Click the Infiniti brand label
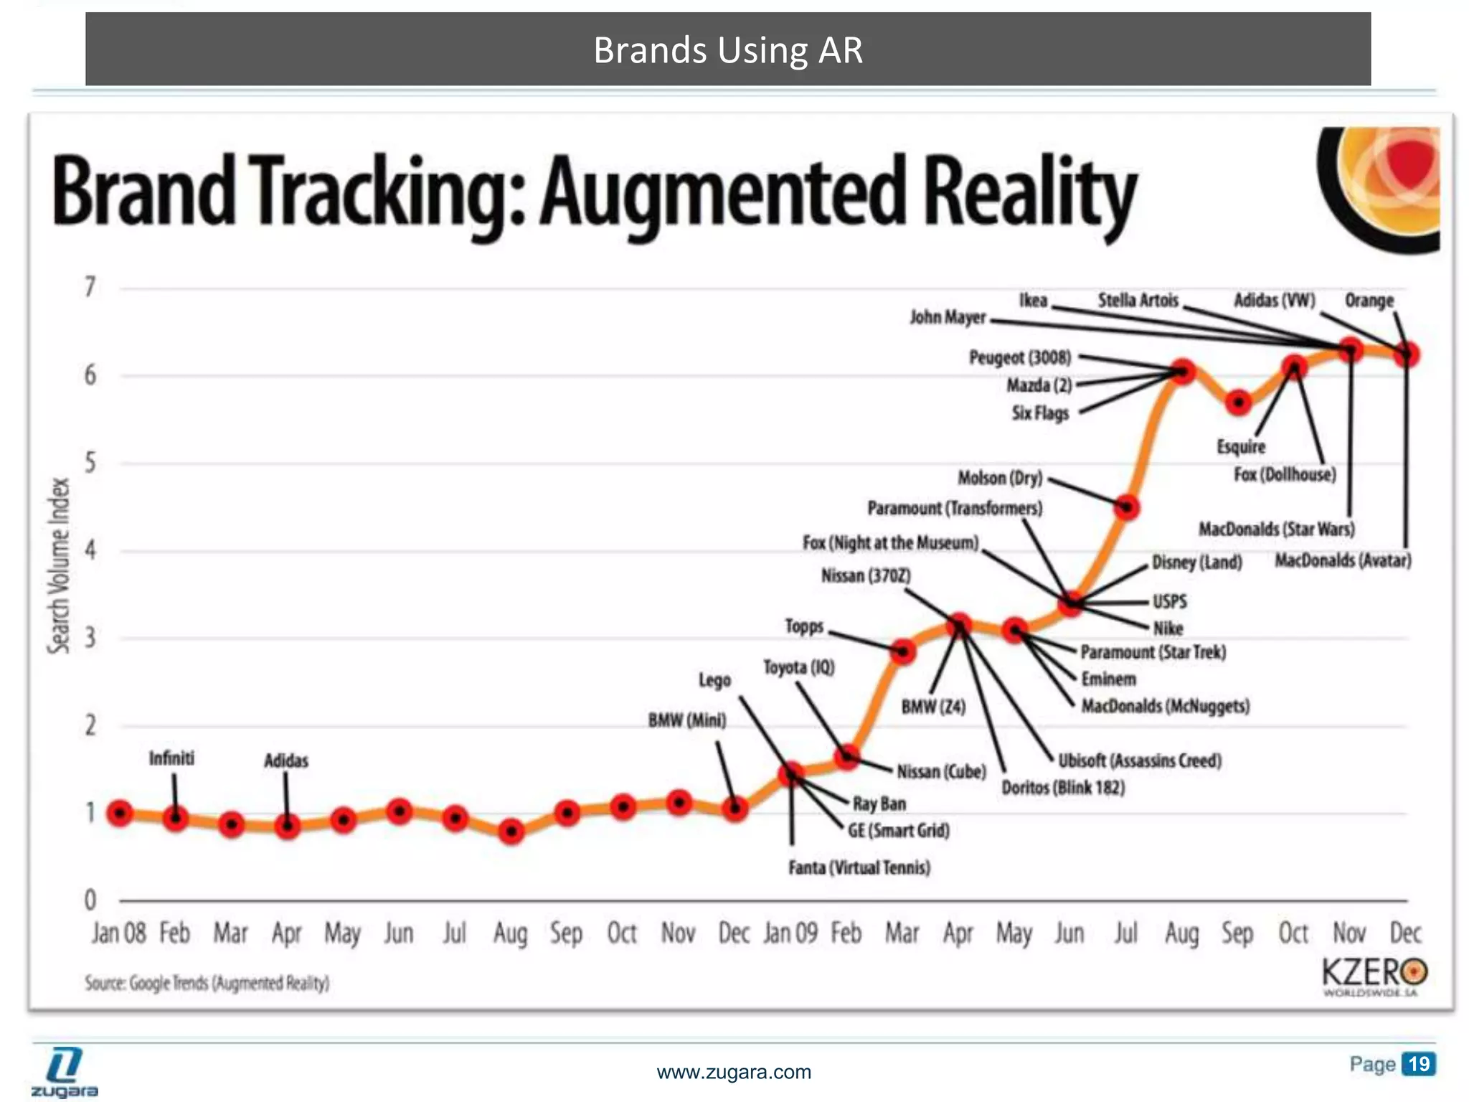coord(171,758)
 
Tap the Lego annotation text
coord(714,680)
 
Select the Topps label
coord(804,626)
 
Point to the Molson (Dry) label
coord(1000,478)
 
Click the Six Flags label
coord(1040,413)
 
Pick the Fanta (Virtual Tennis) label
coord(859,868)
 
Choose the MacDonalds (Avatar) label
coord(1343,560)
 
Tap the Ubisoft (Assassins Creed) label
coord(1140,760)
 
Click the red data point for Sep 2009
coord(1239,403)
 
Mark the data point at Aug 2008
coord(511,832)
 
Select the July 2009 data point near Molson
coord(1127,508)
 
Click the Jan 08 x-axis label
coord(118,933)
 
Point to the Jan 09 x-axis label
coord(790,933)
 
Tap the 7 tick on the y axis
coord(90,287)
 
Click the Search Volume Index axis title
coord(60,566)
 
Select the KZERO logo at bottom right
coord(1374,976)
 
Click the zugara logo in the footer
coord(65,1073)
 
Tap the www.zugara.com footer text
coord(734,1073)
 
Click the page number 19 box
coord(1418,1063)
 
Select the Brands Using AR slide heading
coord(728,50)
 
